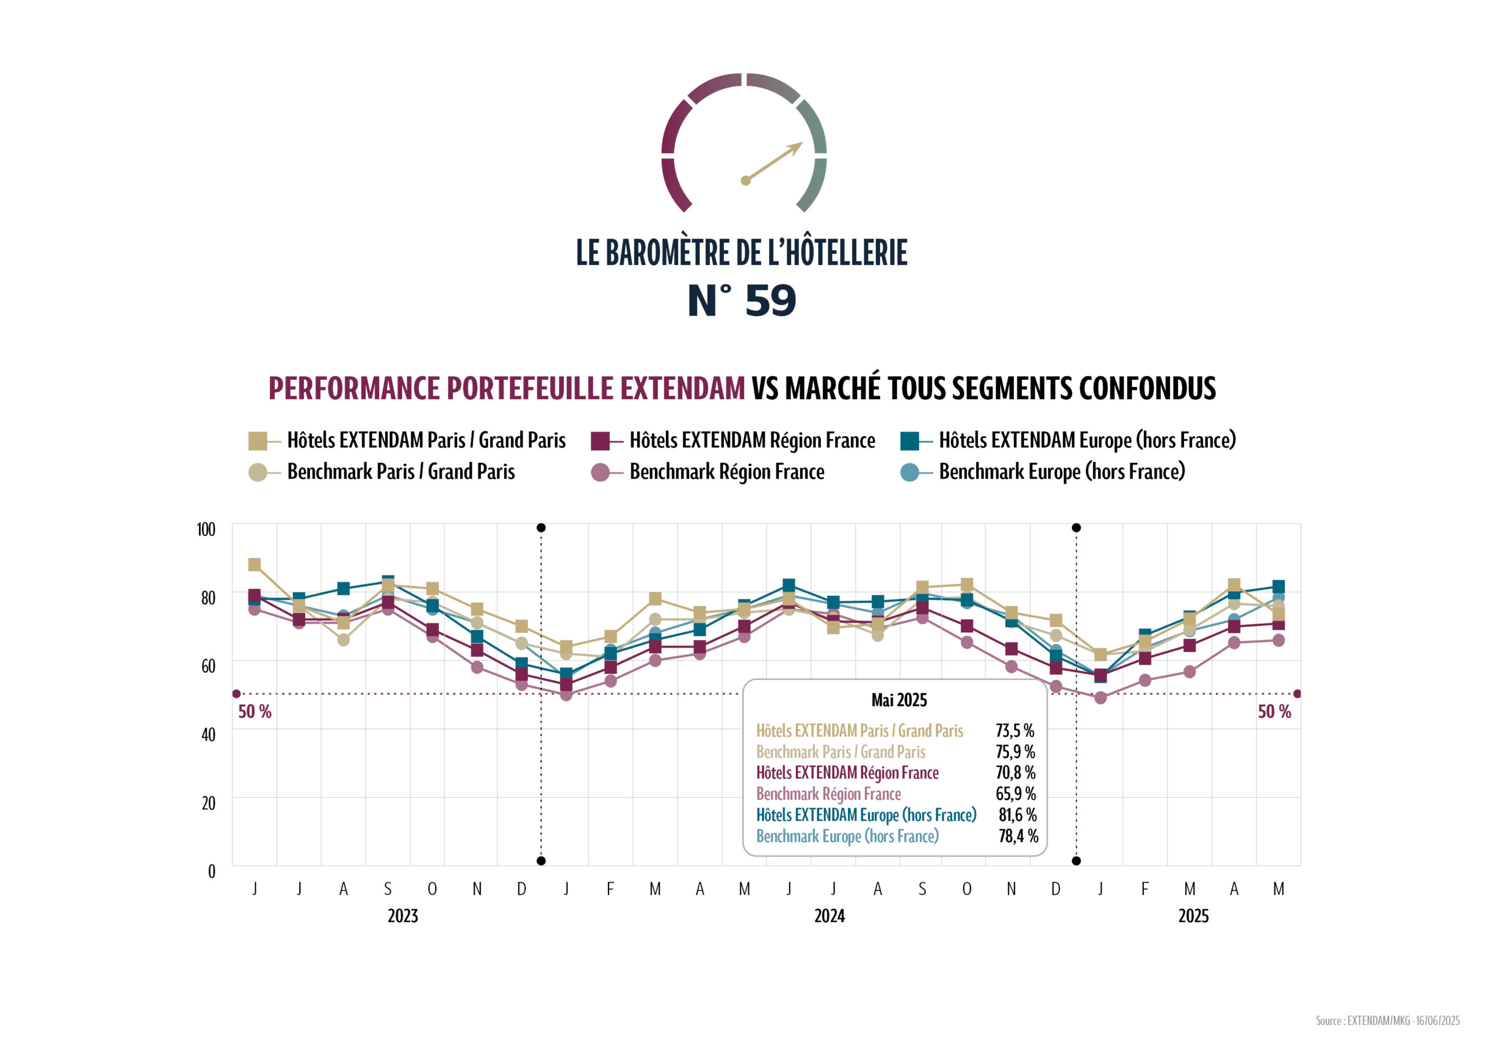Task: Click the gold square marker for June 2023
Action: (x=254, y=565)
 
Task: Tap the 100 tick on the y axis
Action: (x=206, y=530)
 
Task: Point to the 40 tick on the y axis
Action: (x=208, y=735)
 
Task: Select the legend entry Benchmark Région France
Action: (x=726, y=472)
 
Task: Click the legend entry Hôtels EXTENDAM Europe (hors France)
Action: (x=1086, y=440)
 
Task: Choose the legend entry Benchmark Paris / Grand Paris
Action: (x=400, y=472)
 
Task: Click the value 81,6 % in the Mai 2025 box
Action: (x=1017, y=814)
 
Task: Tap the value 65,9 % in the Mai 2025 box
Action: (x=1016, y=794)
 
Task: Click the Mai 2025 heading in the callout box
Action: (x=899, y=700)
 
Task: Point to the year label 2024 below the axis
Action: (x=829, y=916)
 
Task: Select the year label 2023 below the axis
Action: (x=403, y=916)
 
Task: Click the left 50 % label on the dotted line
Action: (x=255, y=712)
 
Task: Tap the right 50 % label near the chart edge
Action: (x=1274, y=712)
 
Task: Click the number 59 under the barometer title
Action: (x=770, y=301)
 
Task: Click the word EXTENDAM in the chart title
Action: (x=682, y=388)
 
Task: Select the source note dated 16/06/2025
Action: (x=1388, y=1020)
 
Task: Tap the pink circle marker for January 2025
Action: (x=1100, y=698)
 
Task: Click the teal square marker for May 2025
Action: (x=1278, y=587)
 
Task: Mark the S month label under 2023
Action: (x=387, y=889)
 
